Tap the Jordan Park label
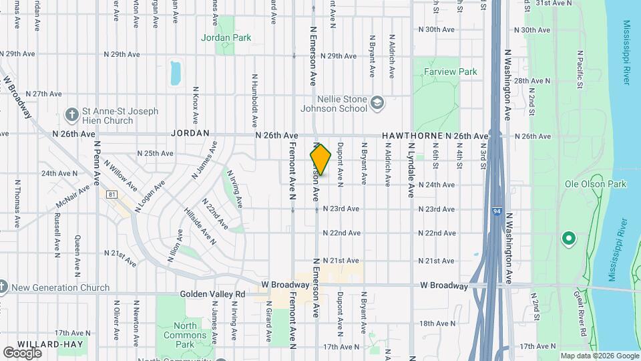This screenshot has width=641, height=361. (x=226, y=37)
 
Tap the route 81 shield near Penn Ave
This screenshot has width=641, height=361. (x=112, y=194)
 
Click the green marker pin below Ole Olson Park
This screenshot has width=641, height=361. (x=568, y=238)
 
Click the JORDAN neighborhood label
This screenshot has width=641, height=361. (x=190, y=134)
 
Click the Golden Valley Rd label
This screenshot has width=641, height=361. (x=212, y=293)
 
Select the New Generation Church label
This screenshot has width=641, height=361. (x=61, y=288)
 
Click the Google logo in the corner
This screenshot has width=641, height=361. (x=22, y=352)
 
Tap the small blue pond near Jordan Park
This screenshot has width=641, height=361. (x=176, y=73)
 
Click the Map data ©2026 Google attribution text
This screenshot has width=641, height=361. (x=599, y=356)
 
